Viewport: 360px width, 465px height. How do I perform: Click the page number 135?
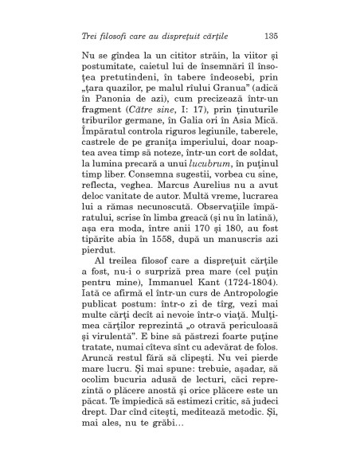pyautogui.click(x=268, y=36)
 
